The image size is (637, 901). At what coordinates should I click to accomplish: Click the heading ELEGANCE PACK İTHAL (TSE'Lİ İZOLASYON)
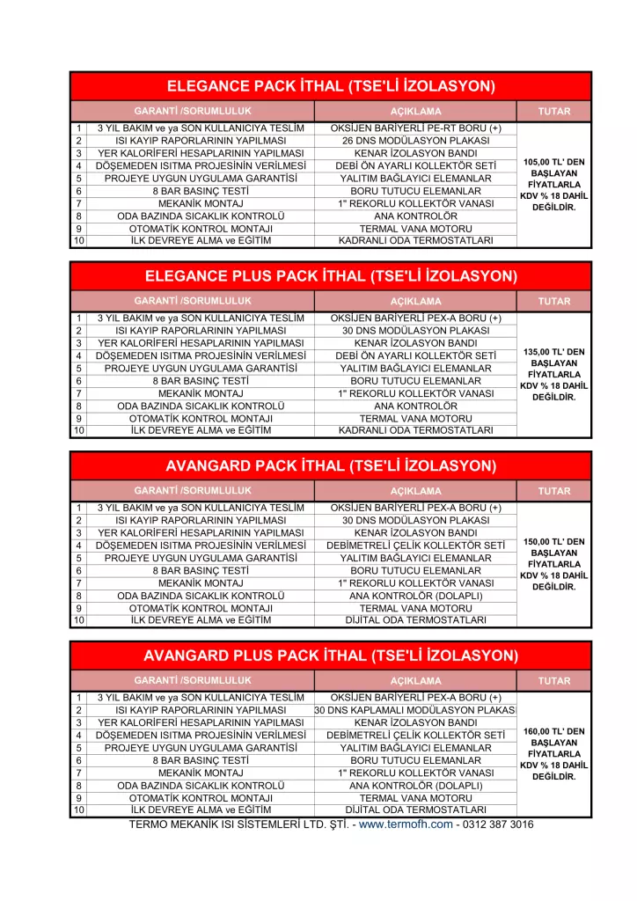pyautogui.click(x=330, y=86)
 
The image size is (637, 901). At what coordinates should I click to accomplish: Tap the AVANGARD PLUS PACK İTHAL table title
pyautogui.click(x=330, y=656)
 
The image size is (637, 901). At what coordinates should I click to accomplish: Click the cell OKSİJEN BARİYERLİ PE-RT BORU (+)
pyautogui.click(x=416, y=128)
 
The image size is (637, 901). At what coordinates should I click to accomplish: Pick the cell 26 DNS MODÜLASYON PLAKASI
pyautogui.click(x=416, y=141)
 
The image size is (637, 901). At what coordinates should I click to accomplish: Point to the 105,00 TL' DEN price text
pyautogui.click(x=553, y=162)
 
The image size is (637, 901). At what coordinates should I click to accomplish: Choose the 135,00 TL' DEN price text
pyautogui.click(x=553, y=352)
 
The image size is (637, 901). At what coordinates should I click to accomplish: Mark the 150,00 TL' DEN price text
pyautogui.click(x=553, y=542)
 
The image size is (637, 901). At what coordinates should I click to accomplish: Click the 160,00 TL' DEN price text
pyautogui.click(x=553, y=731)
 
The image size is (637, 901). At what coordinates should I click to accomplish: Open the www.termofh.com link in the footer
pyautogui.click(x=406, y=824)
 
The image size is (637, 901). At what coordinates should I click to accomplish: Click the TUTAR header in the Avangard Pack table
pyautogui.click(x=553, y=491)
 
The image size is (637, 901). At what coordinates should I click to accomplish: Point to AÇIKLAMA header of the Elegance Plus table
pyautogui.click(x=416, y=301)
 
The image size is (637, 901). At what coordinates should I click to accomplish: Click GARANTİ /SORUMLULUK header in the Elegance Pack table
pyautogui.click(x=193, y=111)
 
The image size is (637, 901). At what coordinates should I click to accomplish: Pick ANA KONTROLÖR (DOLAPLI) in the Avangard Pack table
pyautogui.click(x=416, y=595)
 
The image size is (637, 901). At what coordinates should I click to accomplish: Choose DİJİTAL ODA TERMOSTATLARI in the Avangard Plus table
pyautogui.click(x=416, y=809)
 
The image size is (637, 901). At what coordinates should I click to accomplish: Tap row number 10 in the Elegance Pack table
pyautogui.click(x=78, y=241)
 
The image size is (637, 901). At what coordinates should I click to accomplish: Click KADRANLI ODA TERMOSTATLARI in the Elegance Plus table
pyautogui.click(x=416, y=431)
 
